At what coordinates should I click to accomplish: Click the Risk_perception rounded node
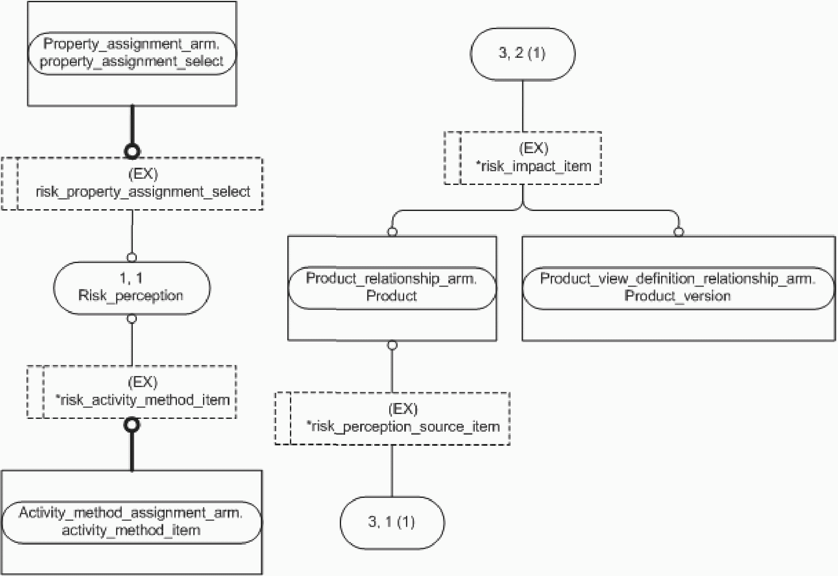(x=132, y=288)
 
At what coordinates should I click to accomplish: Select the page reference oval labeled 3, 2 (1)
(x=522, y=54)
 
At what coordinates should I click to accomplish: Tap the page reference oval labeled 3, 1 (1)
(x=392, y=523)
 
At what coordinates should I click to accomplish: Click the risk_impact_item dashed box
(x=522, y=158)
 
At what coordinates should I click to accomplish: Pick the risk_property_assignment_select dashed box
(x=132, y=184)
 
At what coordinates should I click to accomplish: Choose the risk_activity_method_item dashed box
(x=132, y=392)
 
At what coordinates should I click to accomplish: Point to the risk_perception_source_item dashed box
(x=392, y=418)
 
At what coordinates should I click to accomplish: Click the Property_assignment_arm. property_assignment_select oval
(x=132, y=53)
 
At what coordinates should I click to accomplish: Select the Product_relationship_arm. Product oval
(x=392, y=288)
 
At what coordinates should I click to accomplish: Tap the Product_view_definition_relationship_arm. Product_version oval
(x=679, y=288)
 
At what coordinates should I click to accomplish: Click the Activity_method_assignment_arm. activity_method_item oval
(x=132, y=522)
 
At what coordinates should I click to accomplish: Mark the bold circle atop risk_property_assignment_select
(x=132, y=151)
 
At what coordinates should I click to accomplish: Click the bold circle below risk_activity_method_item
(x=132, y=425)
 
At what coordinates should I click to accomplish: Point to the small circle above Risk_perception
(x=132, y=257)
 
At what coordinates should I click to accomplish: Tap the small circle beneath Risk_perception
(x=132, y=319)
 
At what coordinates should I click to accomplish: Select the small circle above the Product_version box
(x=679, y=232)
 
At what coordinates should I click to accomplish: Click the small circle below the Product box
(x=392, y=345)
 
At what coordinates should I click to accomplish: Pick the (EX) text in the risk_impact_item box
(x=534, y=148)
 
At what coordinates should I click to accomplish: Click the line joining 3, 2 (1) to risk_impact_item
(x=522, y=106)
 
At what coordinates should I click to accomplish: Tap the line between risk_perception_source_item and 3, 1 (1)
(x=392, y=471)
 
